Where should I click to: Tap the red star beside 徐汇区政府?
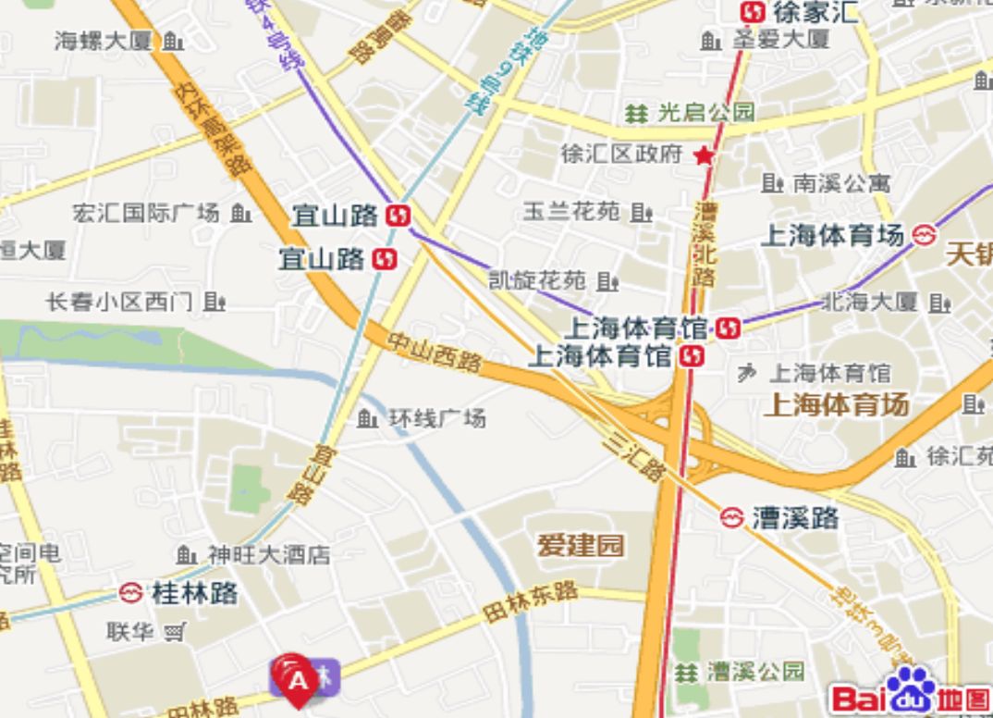(x=705, y=155)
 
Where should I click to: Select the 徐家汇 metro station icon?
(x=754, y=12)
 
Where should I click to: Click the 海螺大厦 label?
(x=103, y=41)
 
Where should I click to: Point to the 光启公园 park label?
(x=705, y=113)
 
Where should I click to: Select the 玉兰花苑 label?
(x=571, y=211)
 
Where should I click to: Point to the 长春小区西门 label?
(x=119, y=302)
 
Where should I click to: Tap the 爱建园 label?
(x=582, y=546)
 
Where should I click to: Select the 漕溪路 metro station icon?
(x=733, y=517)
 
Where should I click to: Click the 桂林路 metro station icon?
(x=130, y=593)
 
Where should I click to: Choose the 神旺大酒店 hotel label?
(x=268, y=555)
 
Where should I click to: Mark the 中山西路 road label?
(x=434, y=353)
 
